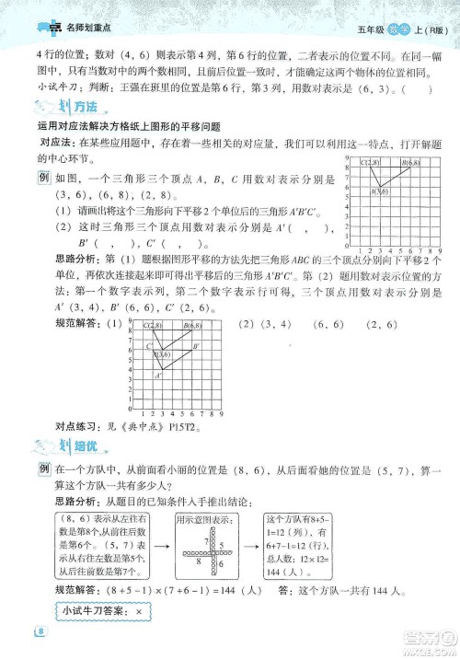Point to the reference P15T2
pyautogui.click(x=184, y=427)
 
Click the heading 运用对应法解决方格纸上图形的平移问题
pyautogui.click(x=129, y=126)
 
